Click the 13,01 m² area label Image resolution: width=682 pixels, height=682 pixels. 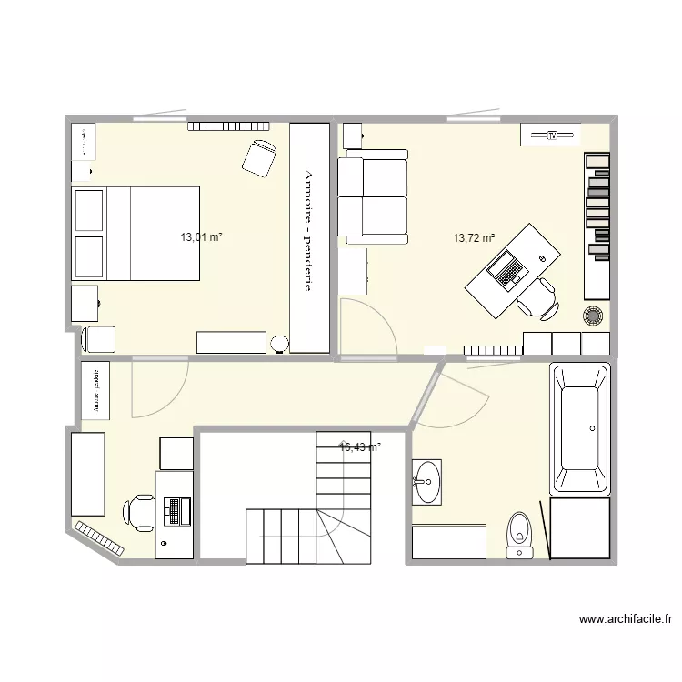[201, 237]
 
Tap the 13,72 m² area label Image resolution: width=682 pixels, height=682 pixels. [474, 238]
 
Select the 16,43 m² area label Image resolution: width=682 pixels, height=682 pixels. [360, 446]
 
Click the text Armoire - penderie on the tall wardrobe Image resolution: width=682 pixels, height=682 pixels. [308, 231]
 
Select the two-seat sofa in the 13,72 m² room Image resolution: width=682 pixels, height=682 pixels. [373, 197]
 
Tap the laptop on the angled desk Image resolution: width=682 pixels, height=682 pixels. [505, 271]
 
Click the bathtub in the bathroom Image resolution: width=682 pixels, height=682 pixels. [579, 428]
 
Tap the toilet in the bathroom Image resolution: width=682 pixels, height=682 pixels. [519, 534]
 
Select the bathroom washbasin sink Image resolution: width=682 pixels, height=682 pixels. [426, 481]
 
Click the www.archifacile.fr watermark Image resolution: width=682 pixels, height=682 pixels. [626, 620]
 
